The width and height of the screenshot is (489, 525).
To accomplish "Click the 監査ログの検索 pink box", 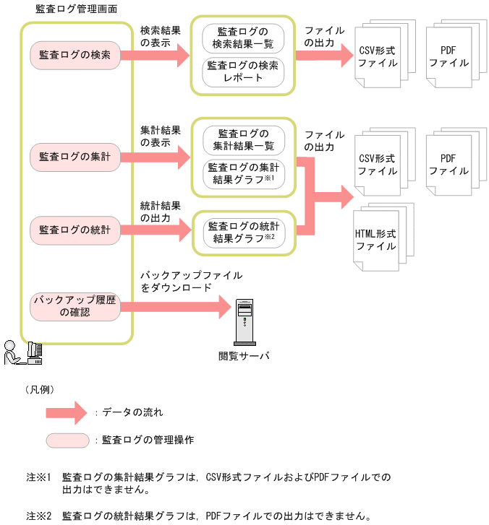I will [x=75, y=55].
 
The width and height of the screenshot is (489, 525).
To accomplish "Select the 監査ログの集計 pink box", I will [x=75, y=157].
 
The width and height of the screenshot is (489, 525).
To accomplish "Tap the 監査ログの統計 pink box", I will [x=75, y=230].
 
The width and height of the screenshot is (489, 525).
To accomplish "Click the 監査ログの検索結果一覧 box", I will [x=243, y=38].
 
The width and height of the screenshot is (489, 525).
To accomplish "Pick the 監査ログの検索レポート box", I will [x=243, y=71].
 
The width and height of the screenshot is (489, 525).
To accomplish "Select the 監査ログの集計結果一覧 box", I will [x=243, y=139].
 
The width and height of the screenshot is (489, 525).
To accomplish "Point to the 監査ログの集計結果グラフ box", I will [x=243, y=173].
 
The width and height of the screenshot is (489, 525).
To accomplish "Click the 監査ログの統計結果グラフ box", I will [x=243, y=230].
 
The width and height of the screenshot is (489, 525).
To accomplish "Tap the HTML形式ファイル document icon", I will [x=376, y=240].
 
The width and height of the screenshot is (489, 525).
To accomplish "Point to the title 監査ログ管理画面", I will [x=77, y=9].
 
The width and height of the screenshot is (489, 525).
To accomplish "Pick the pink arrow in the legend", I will [x=68, y=412].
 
